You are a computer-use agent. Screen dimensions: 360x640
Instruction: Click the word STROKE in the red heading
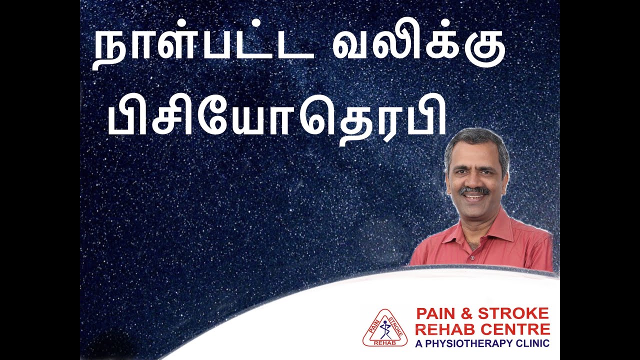513,314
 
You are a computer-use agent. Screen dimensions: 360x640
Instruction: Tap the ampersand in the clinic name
467,314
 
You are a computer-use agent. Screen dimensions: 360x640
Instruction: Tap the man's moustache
474,190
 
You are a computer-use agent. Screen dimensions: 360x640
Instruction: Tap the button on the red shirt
471,259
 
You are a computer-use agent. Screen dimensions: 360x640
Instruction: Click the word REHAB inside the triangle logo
384,342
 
